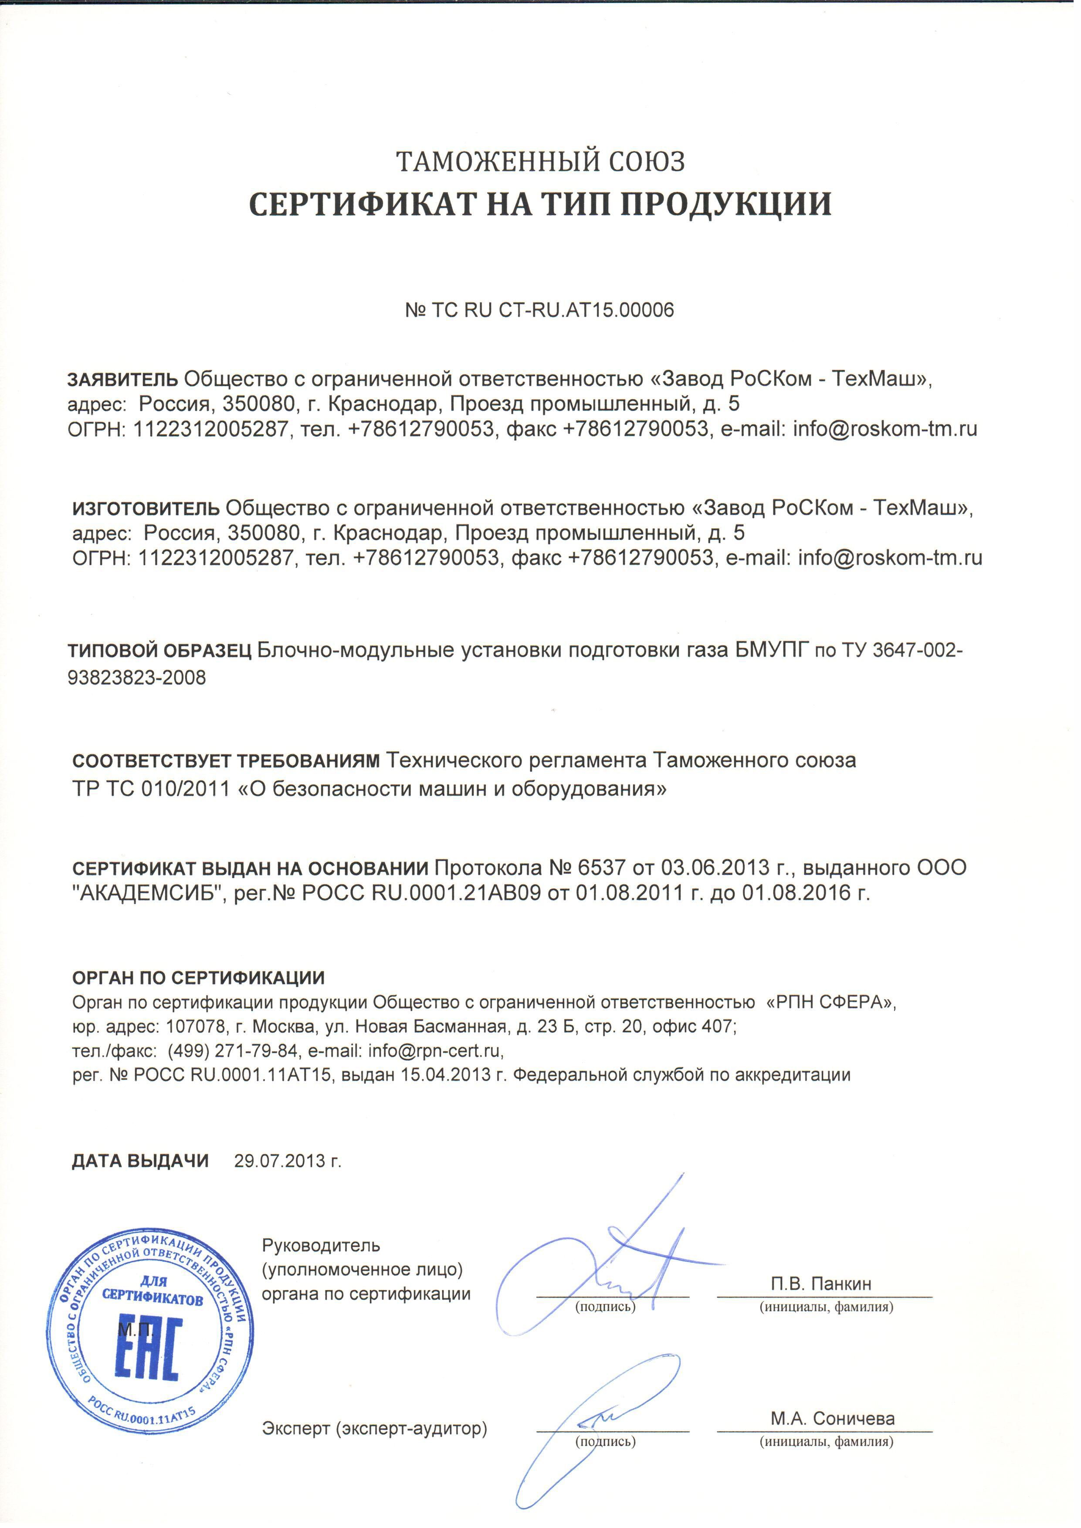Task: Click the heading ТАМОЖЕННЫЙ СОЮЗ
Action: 540,162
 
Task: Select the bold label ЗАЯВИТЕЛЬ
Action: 122,379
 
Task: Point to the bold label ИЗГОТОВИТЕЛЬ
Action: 146,508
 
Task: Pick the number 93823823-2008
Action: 137,678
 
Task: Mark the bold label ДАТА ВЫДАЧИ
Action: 140,1161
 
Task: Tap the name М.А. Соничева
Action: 832,1419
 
